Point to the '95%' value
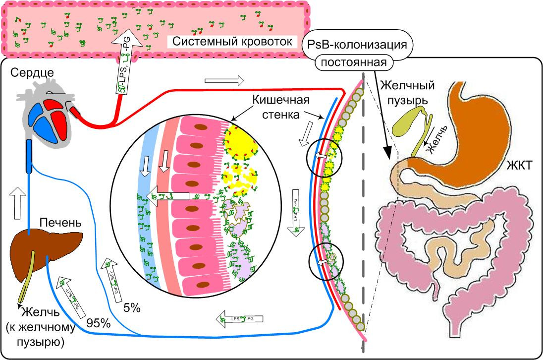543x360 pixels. pos(99,323)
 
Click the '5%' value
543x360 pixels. pos(131,308)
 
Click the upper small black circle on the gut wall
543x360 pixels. pos(324,157)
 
